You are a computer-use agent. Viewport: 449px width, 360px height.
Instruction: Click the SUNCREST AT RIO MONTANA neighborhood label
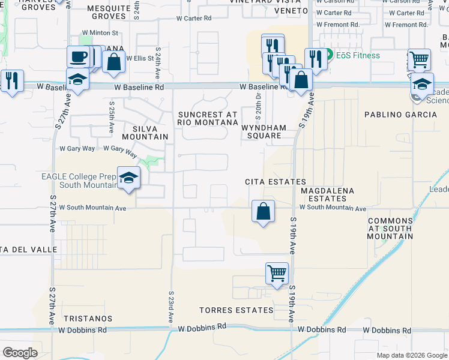tap(207, 118)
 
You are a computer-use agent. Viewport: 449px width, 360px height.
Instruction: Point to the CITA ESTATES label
tap(276, 182)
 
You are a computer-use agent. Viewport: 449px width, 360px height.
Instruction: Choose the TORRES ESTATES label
tap(237, 310)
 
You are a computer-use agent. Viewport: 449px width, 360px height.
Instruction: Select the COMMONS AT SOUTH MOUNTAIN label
tap(390, 228)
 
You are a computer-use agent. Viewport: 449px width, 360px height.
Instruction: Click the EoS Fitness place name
tap(358, 56)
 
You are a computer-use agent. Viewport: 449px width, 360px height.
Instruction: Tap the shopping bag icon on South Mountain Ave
tap(263, 211)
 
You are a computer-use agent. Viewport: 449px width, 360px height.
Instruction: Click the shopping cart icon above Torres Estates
tap(277, 273)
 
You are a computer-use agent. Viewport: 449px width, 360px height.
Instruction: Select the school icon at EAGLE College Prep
tap(128, 178)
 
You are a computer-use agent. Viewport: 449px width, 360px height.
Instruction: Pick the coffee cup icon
tap(78, 57)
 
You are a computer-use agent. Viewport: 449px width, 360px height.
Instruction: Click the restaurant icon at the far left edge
tap(11, 80)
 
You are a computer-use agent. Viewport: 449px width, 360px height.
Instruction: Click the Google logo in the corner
tap(20, 352)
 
